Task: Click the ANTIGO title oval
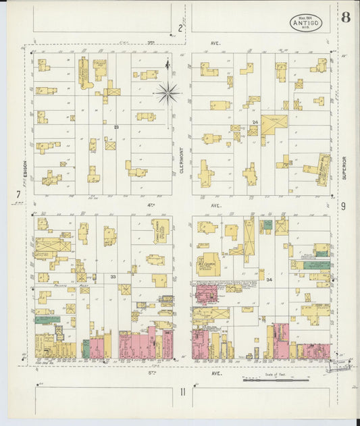306,23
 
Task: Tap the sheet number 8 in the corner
345,18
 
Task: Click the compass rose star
167,91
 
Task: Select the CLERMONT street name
182,161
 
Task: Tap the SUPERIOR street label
344,168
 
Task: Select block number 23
116,126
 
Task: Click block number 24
255,122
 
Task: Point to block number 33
113,276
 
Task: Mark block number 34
268,279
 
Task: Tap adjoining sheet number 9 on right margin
343,206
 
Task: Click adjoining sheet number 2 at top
180,28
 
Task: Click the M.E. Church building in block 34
207,263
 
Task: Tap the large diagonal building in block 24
274,124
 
